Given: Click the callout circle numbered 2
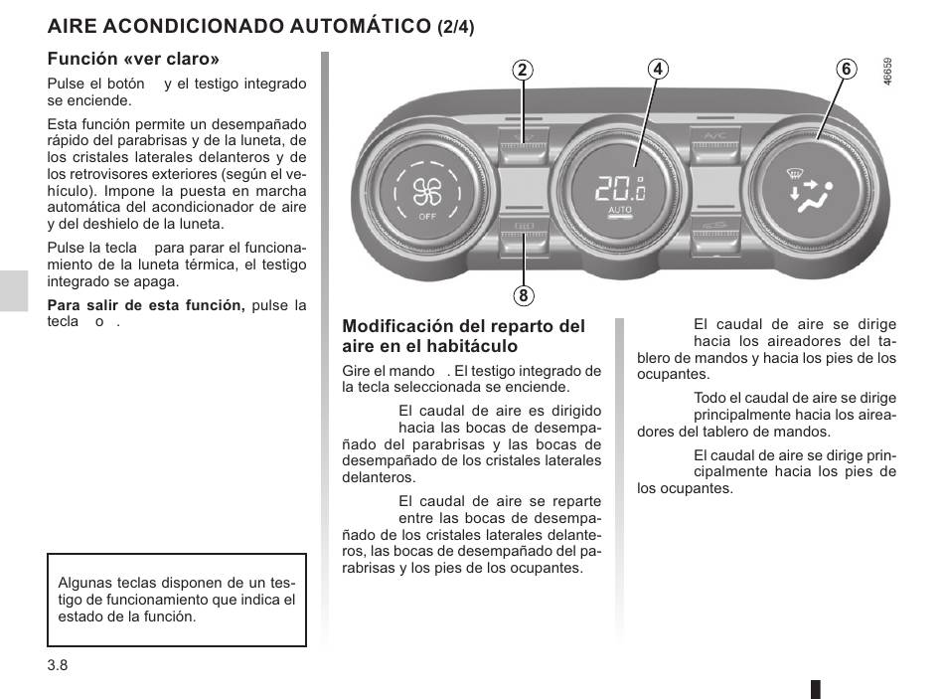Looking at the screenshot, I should tap(523, 70).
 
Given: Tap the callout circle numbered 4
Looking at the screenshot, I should tap(656, 69).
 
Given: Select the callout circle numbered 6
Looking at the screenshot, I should tap(846, 69).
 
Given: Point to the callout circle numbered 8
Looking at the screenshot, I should tap(523, 295).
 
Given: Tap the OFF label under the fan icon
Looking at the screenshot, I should tap(427, 216).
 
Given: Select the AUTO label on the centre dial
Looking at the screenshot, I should tap(620, 212).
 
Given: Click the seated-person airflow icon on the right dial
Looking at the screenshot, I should tap(812, 190).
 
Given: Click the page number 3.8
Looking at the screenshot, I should tap(57, 665).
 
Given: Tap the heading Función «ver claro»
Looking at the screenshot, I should tap(133, 59).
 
